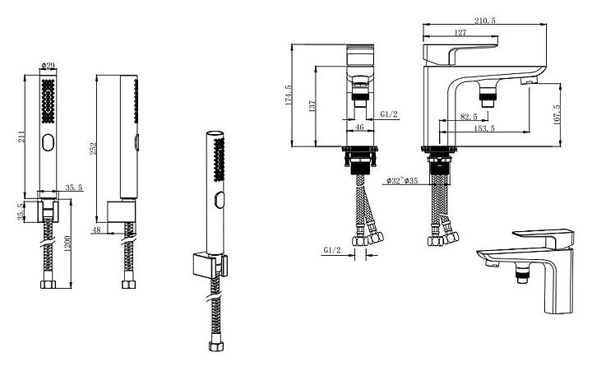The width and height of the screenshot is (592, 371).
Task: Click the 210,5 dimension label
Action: pos(485,21)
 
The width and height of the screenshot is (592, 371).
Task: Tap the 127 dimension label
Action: pos(460,33)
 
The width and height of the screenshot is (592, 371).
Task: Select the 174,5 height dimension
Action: pos(289,95)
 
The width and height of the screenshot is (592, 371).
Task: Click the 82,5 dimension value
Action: pos(469,117)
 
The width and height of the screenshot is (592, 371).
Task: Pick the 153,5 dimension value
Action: pos(484,128)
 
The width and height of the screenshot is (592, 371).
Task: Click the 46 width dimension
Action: pos(359,127)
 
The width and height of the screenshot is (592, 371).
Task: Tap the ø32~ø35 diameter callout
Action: pos(402,181)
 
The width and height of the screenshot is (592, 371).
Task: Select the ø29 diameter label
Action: pos(48,65)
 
